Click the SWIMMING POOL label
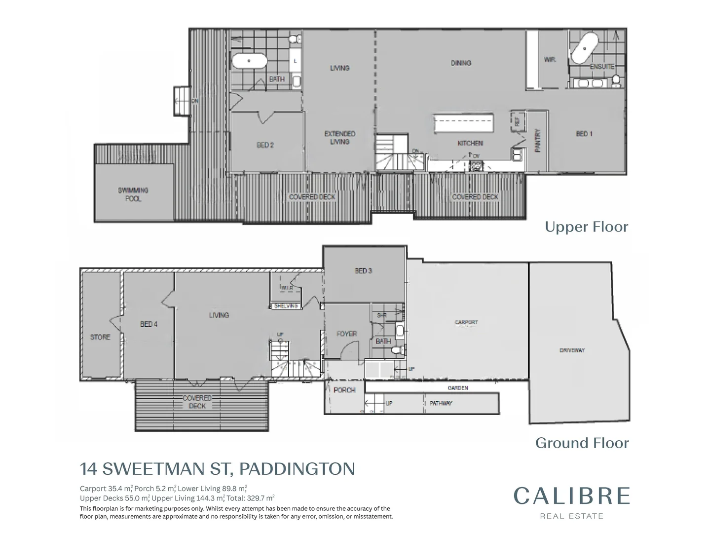click(133, 194)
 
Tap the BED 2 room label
click(265, 145)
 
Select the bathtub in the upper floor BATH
click(249, 61)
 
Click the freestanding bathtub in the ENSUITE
click(585, 49)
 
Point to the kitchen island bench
click(463, 123)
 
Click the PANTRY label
click(538, 141)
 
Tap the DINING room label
click(461, 63)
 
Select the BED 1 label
click(584, 134)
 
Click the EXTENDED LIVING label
click(339, 138)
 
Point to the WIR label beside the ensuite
click(550, 59)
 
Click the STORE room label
click(100, 338)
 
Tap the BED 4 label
click(149, 324)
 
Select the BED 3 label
click(364, 270)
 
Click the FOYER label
click(346, 334)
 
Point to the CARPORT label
click(466, 322)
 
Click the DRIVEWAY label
click(572, 350)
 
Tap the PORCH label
click(344, 390)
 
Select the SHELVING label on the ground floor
click(286, 306)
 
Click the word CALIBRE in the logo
click(572, 496)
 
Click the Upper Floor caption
click(586, 227)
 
